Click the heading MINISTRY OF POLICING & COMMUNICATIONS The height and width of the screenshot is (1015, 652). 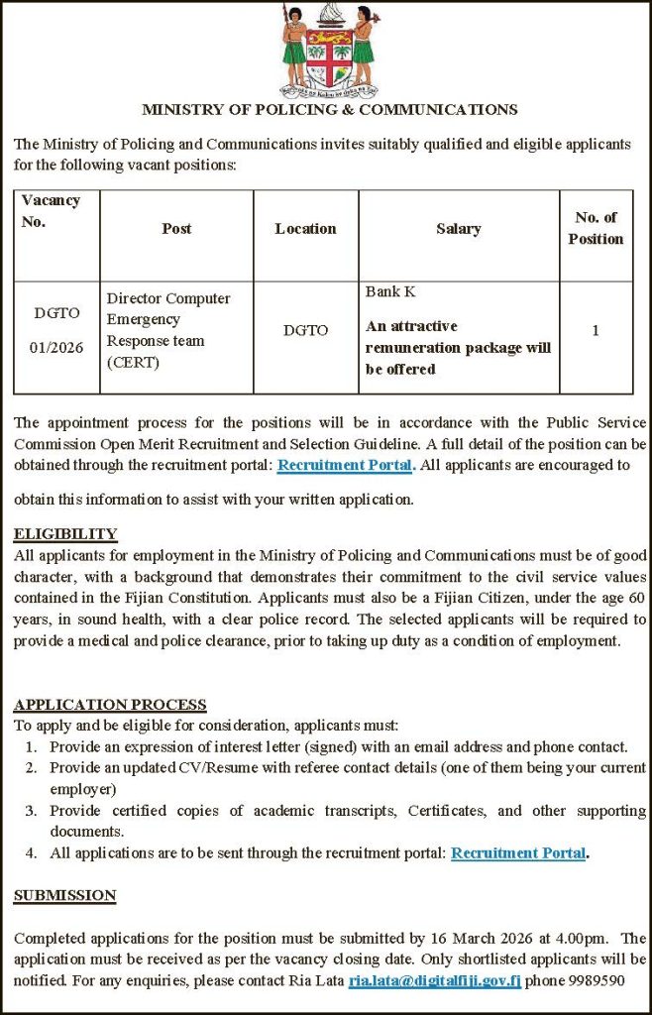(329, 110)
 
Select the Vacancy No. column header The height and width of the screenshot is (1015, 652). (51, 210)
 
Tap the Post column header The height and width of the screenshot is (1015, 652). (176, 229)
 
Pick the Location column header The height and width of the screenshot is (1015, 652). (305, 229)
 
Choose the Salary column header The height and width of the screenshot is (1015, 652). (458, 229)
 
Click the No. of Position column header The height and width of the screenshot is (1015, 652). (596, 228)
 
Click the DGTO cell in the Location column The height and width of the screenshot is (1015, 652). (305, 330)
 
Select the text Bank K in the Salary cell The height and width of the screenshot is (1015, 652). (390, 291)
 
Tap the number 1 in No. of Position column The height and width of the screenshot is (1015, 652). (596, 330)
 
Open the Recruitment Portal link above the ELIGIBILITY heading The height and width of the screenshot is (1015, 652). (344, 464)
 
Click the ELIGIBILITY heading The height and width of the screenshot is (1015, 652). (65, 534)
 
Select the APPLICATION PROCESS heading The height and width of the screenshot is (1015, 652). (110, 705)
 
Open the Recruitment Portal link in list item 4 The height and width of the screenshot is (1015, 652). (518, 852)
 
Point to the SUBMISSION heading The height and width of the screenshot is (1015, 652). (64, 895)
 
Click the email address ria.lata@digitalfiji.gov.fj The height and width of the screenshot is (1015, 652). (435, 980)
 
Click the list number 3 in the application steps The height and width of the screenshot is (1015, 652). (31, 811)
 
